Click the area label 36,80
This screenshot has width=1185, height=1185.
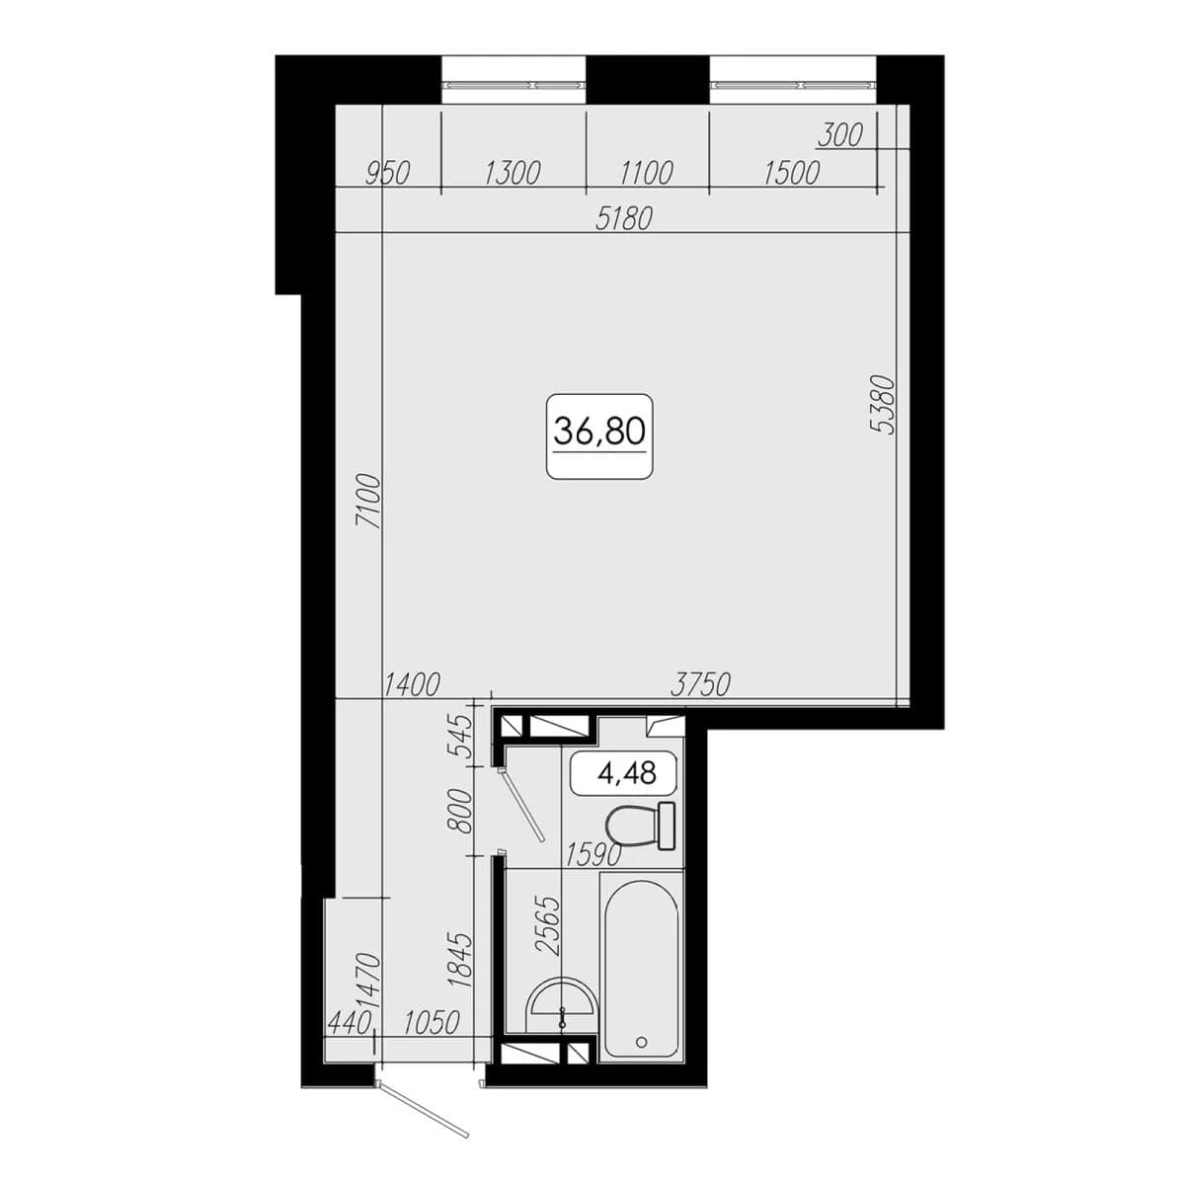tap(599, 432)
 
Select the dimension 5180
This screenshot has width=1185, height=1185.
tap(623, 219)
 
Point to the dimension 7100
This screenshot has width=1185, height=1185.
tap(367, 501)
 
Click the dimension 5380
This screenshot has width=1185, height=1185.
tap(883, 404)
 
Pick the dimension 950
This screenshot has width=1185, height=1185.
tap(387, 174)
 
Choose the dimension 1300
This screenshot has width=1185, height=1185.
tap(513, 174)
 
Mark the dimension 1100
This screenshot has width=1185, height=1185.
tap(646, 174)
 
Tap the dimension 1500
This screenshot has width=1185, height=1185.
tap(792, 174)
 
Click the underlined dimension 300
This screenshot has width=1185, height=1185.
tap(840, 135)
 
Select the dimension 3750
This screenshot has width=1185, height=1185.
tap(700, 684)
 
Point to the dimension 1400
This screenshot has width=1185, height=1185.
tap(412, 684)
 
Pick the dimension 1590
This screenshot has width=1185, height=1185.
tap(593, 855)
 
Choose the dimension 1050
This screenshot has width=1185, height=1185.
tap(432, 1024)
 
